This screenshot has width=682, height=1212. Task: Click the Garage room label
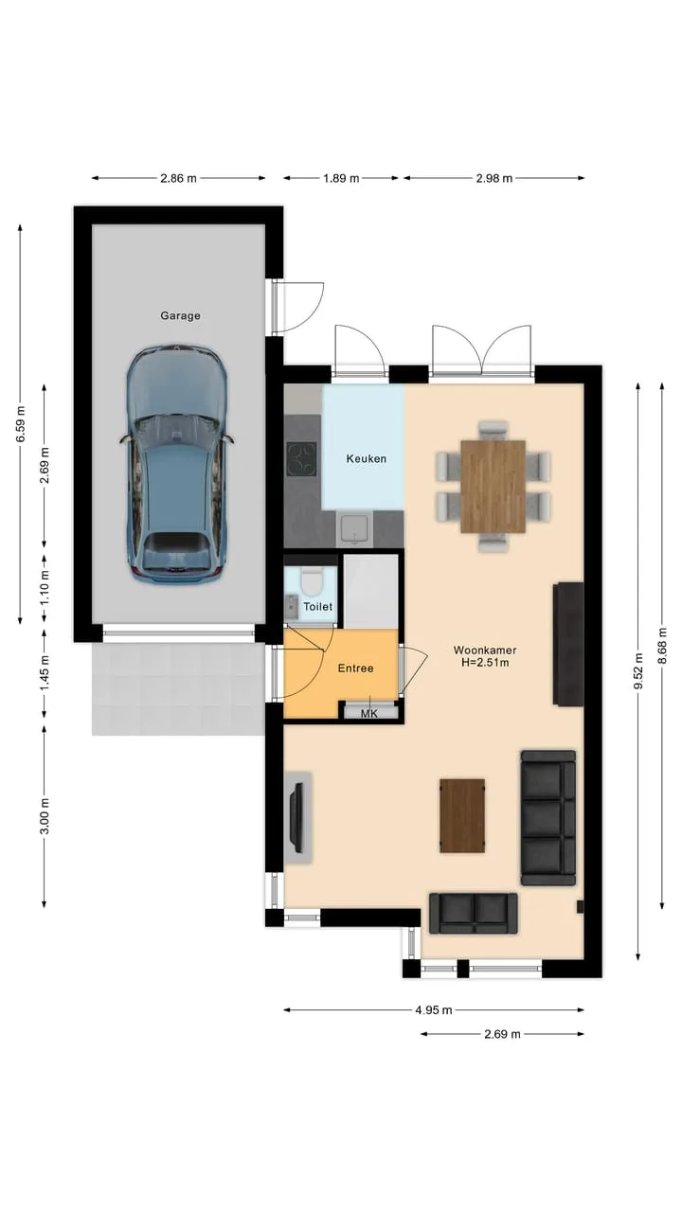[x=180, y=315]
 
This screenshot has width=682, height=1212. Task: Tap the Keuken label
[x=367, y=459]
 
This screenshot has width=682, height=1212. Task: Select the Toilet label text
[x=317, y=607]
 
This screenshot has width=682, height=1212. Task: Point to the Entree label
[x=355, y=668]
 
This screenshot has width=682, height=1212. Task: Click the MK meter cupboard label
[x=369, y=714]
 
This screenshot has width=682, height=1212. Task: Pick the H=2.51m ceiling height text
[x=485, y=662]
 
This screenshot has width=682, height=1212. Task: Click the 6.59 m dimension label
[x=21, y=423]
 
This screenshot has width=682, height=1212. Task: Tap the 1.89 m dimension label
[x=341, y=178]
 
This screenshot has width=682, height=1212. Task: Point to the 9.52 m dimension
[x=638, y=671]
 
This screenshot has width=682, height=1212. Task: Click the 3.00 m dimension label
[x=45, y=816]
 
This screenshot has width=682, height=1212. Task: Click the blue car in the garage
[x=177, y=464]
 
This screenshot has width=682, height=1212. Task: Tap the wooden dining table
[x=494, y=487]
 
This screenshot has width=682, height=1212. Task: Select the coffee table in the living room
[x=461, y=816]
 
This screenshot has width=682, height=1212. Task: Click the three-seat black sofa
[x=547, y=818]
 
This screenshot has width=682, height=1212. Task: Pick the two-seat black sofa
[x=473, y=914]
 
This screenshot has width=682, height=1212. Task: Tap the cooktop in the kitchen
[x=301, y=458]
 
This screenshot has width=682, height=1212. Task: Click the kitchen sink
[x=354, y=529]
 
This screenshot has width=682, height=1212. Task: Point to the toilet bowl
[x=312, y=580]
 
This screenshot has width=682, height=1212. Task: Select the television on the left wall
[x=296, y=817]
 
